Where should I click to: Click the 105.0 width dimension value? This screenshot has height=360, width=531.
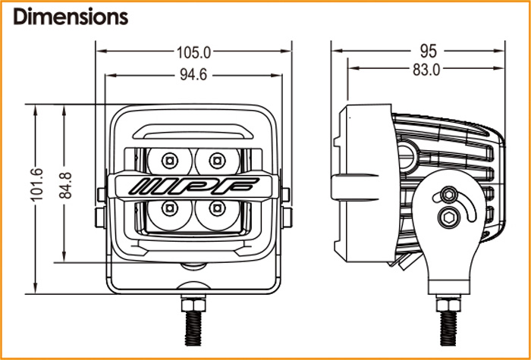(x=193, y=52)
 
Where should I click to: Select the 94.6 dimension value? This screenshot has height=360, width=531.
(x=193, y=74)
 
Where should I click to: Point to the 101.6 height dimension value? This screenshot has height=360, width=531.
(x=37, y=182)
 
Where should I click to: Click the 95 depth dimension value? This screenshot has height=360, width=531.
(x=429, y=52)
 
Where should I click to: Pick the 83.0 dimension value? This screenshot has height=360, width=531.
(x=427, y=70)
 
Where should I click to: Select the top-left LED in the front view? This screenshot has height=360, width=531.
(x=170, y=159)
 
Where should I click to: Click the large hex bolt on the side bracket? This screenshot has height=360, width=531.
(x=448, y=218)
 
